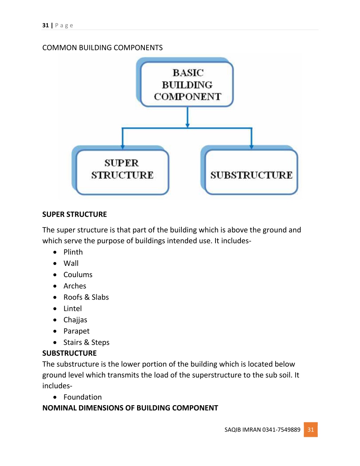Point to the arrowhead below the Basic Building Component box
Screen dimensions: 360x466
point(187,126)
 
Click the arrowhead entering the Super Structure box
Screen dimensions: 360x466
point(123,147)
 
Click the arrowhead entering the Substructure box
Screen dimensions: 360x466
point(251,147)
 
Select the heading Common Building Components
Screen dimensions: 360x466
point(102,47)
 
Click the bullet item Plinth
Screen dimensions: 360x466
point(73,252)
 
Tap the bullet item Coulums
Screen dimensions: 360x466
point(78,275)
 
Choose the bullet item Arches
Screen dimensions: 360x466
point(75,286)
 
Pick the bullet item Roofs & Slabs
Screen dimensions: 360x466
point(86,297)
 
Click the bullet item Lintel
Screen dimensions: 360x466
point(73,308)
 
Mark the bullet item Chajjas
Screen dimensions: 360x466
point(76,320)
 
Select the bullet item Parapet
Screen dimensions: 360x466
point(77,331)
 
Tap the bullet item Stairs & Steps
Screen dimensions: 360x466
point(86,343)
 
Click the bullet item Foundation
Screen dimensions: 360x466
point(83,397)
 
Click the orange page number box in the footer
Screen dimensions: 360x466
point(311,429)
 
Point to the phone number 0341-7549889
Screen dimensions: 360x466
point(281,430)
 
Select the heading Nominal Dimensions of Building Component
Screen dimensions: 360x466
point(130,408)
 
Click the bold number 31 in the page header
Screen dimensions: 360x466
point(45,26)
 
